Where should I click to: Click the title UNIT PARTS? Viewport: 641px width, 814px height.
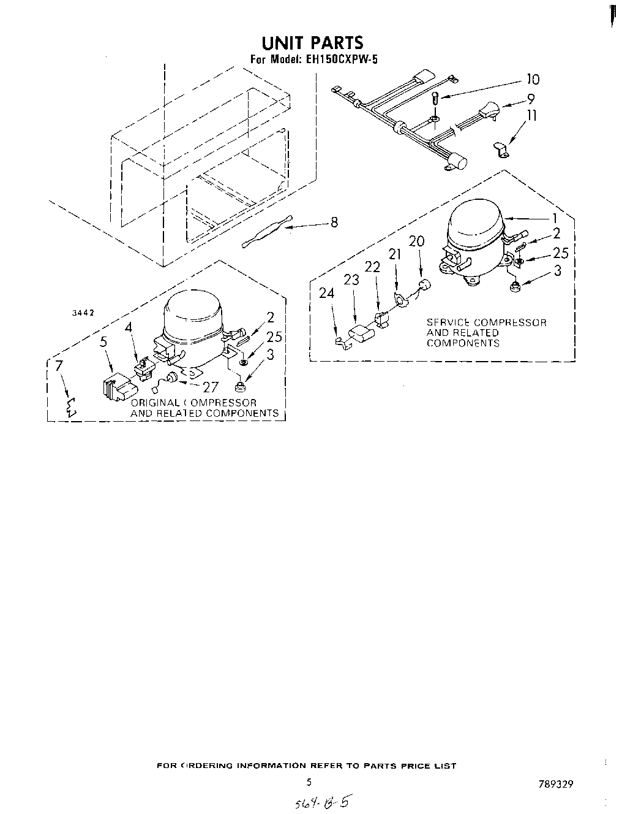[312, 42]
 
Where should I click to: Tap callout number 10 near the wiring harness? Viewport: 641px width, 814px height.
[533, 79]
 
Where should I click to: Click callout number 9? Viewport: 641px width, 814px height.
[531, 99]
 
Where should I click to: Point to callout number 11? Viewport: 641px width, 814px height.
[532, 115]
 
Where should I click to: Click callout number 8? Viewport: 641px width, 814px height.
[334, 223]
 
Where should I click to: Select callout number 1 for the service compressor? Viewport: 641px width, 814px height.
[554, 218]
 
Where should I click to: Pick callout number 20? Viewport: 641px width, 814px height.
[416, 242]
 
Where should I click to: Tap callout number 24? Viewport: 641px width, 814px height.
[327, 294]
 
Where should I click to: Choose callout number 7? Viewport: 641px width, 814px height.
[59, 367]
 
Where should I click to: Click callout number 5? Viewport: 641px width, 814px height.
[103, 341]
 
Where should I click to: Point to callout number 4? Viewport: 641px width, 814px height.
[129, 328]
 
